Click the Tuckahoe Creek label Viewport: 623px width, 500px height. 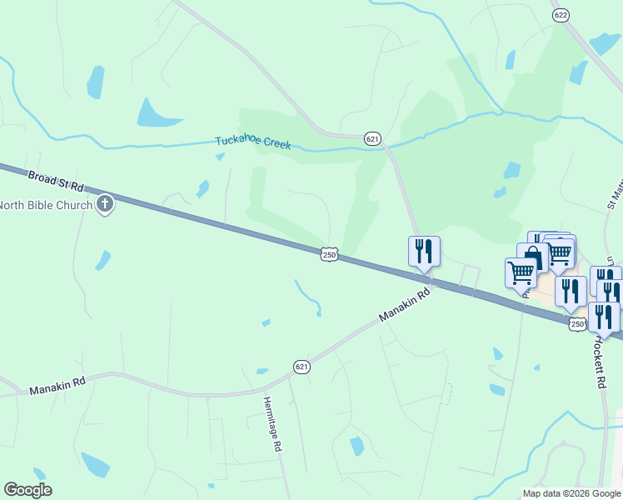(253, 142)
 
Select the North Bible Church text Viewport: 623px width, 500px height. (44, 206)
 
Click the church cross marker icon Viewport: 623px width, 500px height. (104, 204)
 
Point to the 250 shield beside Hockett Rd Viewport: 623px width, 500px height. (576, 322)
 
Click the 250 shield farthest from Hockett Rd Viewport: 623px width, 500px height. (329, 253)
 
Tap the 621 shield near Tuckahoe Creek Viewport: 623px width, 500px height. (372, 139)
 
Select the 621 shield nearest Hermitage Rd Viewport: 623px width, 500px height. (302, 366)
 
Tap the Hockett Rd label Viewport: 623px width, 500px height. (599, 362)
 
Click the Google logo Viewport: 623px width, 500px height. (27, 490)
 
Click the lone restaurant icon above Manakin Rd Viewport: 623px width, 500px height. (424, 250)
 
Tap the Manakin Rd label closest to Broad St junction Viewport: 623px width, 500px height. (405, 306)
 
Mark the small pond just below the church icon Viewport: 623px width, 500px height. (102, 261)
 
